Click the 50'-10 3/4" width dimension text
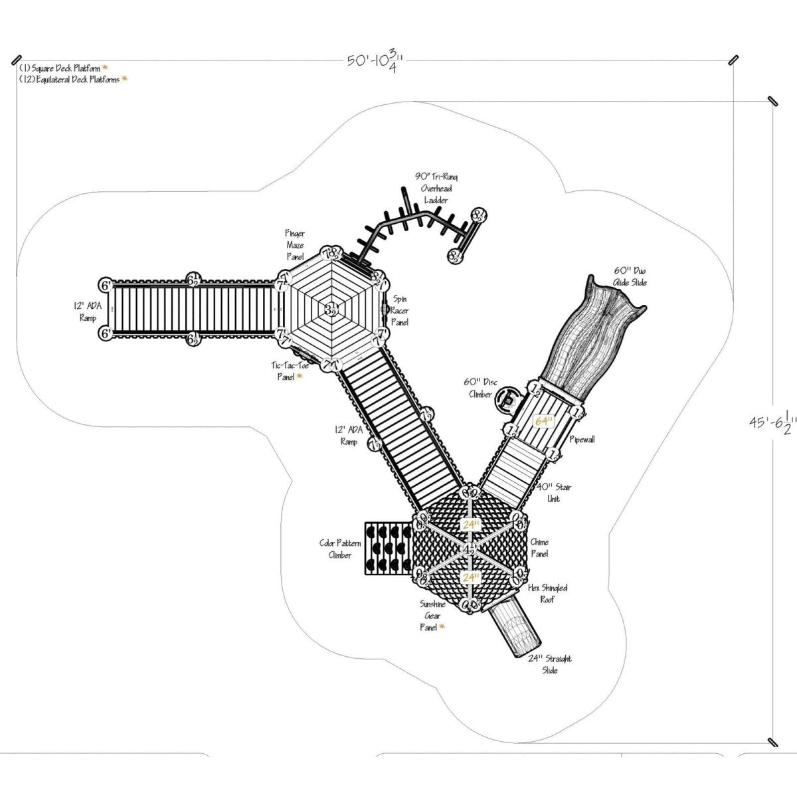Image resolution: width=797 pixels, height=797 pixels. [x=376, y=61]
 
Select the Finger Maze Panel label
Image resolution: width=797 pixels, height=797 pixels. [x=295, y=245]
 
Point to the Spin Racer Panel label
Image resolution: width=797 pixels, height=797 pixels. [x=400, y=311]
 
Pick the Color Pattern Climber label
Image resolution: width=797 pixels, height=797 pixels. [x=340, y=549]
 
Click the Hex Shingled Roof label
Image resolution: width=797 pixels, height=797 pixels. [x=548, y=594]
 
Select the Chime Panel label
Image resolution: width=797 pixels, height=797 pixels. [x=539, y=547]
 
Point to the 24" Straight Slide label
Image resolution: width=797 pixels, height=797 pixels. [x=549, y=664]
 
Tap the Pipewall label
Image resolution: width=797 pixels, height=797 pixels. [x=582, y=440]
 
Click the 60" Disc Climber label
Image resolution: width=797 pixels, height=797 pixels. [x=478, y=388]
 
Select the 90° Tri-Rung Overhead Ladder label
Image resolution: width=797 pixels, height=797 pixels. [x=436, y=188]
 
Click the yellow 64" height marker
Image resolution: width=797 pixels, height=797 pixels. [x=543, y=422]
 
